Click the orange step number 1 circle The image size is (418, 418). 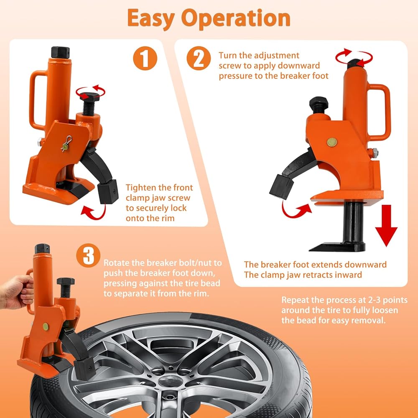click(145, 58)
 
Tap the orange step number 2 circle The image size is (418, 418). click(199, 58)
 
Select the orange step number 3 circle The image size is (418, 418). click(88, 255)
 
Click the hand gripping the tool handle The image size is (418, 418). click(17, 292)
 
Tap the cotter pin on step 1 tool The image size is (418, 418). click(66, 144)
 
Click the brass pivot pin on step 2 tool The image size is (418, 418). click(332, 143)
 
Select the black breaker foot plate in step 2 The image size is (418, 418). click(336, 247)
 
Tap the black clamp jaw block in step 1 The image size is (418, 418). click(108, 191)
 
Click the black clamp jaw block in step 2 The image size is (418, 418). click(281, 186)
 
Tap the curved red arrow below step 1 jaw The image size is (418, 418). click(93, 212)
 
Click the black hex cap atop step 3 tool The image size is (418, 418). click(42, 249)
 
